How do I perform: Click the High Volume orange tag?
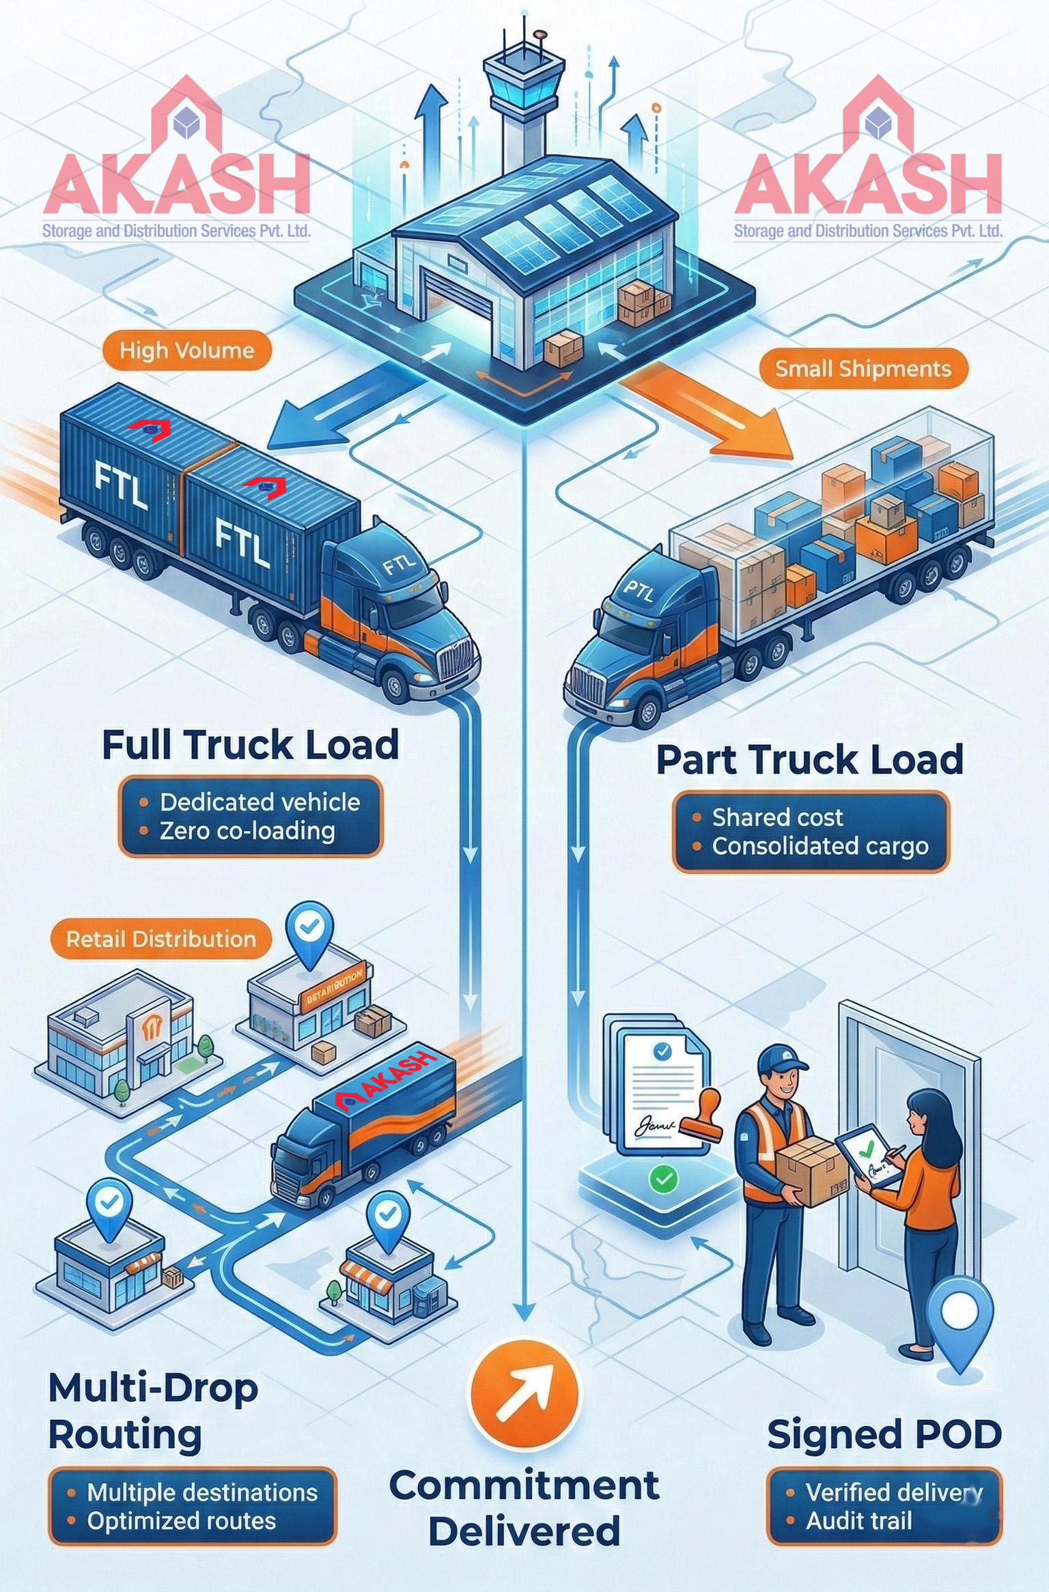pos(186,351)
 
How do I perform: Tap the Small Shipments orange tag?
pos(863,369)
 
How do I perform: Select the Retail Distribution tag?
pos(160,939)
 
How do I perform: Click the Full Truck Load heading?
pos(250,745)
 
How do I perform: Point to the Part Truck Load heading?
pos(809,760)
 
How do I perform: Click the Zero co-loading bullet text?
pos(247,831)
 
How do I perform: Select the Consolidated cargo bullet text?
pos(820,847)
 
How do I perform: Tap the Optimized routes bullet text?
pos(181,1521)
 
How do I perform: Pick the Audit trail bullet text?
pos(858,1521)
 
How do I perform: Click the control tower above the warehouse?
pos(522,96)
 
